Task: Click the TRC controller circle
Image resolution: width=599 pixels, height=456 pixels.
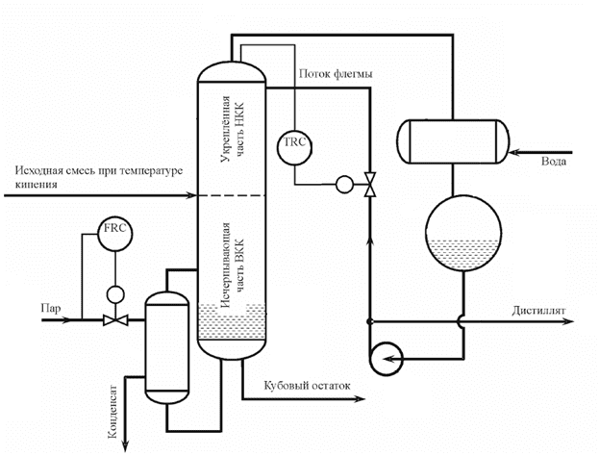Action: pos(294,147)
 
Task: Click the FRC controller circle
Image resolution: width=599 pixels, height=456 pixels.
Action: pos(115,234)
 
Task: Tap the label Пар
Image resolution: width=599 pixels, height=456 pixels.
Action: pos(51,308)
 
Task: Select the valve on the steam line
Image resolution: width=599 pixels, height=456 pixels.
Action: pos(115,320)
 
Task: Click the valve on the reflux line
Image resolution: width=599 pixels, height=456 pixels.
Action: pos(369,185)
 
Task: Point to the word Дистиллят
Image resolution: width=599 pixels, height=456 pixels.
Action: pos(538,311)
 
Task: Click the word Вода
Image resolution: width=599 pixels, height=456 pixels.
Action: pos(554,162)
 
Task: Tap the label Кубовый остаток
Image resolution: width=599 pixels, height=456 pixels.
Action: pos(307,385)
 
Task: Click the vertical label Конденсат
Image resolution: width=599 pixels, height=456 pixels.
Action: pos(113,411)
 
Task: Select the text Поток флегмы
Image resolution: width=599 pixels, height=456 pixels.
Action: pos(336,74)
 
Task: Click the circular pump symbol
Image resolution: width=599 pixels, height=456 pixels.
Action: pos(386,359)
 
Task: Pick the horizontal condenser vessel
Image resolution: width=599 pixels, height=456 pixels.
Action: pos(453,141)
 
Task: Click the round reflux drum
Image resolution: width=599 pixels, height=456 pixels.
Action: pos(463,233)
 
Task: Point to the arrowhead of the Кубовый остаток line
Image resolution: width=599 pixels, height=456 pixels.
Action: pos(360,399)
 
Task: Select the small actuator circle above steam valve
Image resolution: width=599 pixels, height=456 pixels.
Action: pos(115,294)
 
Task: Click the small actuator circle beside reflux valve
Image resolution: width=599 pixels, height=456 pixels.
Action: pos(344,185)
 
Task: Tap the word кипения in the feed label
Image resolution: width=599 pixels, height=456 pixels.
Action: pos(37,185)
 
